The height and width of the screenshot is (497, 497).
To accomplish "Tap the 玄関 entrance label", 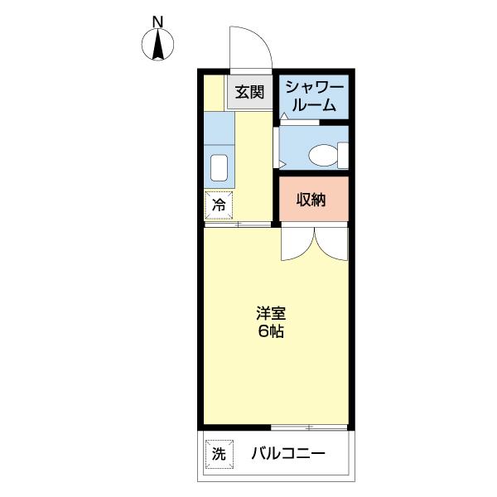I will pos(248,92).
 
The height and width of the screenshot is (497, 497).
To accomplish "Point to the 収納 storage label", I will pos(312,200).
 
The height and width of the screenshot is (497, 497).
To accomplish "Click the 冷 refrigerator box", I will pos(220,204).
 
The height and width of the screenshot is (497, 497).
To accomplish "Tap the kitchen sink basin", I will pos(220,167).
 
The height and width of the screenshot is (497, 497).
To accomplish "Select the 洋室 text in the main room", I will pos(270,314).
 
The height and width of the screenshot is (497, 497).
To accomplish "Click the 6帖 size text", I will pos(270,331).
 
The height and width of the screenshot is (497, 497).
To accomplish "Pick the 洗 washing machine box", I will pos(218,453).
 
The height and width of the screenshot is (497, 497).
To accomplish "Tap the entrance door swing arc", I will pos(250,46).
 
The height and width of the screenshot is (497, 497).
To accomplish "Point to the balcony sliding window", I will pos(308,427).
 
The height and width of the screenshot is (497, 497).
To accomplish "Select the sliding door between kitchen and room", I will pos(238,224).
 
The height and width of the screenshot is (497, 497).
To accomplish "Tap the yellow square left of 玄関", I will pos(215,92).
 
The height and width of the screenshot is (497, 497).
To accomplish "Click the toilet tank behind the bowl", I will pos(342,154).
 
